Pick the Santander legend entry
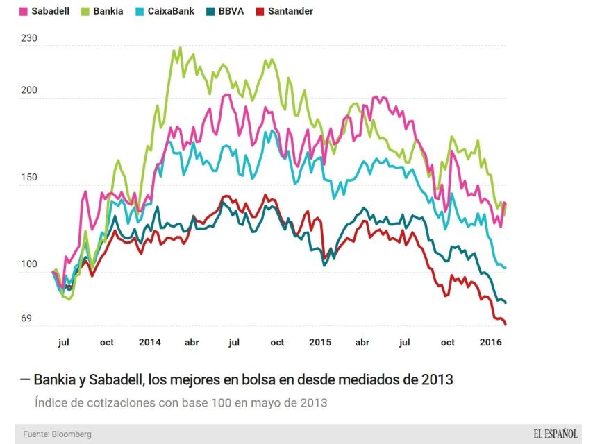pos(289,11)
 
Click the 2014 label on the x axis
pos(149,342)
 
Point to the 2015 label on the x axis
pos(320,342)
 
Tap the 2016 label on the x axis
pos(491,342)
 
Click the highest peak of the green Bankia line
pos(181,48)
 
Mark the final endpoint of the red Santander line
pos(506,324)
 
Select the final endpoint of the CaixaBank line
pos(505,267)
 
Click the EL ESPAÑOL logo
pos(555,434)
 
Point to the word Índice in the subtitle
pos(50,402)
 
